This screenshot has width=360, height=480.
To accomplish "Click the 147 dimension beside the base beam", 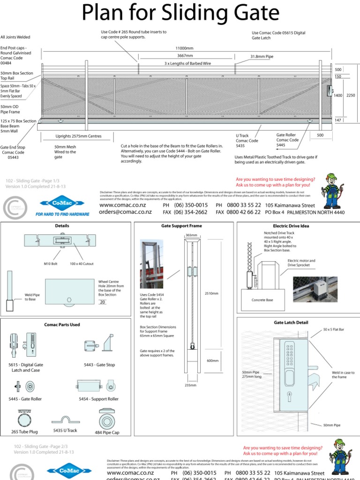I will [337, 120].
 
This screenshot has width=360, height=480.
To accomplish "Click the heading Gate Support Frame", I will [184, 225].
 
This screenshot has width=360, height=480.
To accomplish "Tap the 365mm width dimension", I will [191, 235].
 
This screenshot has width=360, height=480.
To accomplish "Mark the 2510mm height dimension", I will [212, 293].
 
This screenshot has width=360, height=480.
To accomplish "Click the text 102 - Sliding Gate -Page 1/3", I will [32, 180].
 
